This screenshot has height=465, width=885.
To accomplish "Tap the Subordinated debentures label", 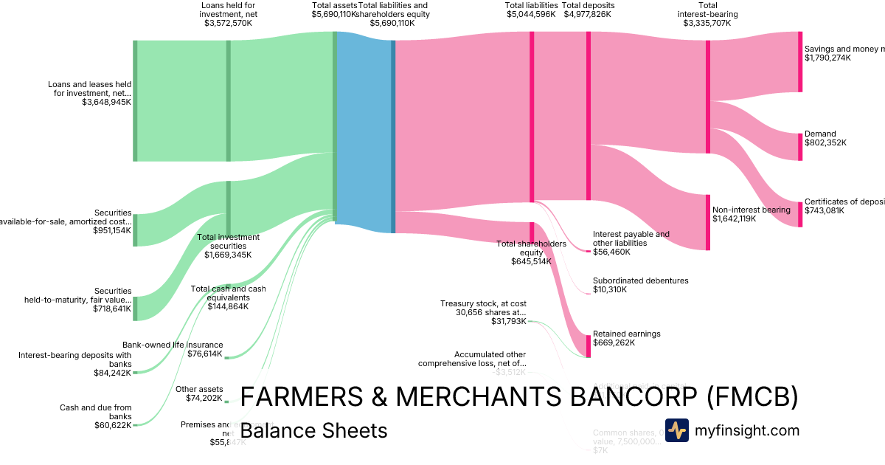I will (640, 280).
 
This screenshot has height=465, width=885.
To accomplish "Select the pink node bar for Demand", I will (800, 146).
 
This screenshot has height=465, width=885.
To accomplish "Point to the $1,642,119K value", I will (735, 219).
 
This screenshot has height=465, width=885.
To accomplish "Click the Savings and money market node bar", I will (800, 62).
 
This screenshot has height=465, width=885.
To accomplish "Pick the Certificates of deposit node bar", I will (800, 214).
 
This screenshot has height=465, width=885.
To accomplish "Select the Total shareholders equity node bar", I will (531, 232).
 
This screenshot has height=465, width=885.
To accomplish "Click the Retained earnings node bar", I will (589, 346).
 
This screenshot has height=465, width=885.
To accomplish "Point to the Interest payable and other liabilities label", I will (631, 238).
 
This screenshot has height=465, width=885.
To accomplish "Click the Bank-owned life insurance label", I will (173, 344).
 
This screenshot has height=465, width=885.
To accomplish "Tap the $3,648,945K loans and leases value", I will (107, 103).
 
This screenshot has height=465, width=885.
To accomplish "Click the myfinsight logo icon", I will (676, 430).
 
